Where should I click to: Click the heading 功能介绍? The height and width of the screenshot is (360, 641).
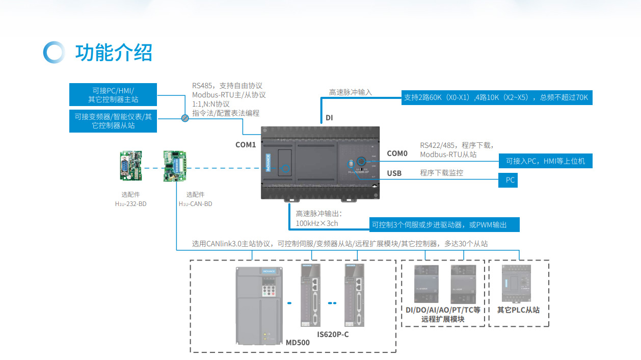click(x=114, y=53)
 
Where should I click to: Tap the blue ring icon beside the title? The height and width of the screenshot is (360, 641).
click(x=54, y=53)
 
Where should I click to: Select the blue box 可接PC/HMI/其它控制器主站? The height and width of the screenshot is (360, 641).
click(x=113, y=95)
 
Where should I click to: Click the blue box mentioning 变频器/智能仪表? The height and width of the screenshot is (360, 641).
click(x=113, y=120)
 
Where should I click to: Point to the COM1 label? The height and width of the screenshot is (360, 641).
click(x=246, y=145)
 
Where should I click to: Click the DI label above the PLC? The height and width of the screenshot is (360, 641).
click(x=329, y=118)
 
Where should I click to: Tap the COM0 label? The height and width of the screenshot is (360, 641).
click(x=397, y=153)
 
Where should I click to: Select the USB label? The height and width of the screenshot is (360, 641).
click(x=394, y=173)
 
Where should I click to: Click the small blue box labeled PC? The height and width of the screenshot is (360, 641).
click(x=510, y=180)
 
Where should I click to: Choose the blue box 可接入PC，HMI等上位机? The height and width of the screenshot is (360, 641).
click(x=545, y=161)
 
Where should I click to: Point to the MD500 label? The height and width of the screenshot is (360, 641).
click(x=298, y=343)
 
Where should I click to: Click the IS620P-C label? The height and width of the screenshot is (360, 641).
click(x=333, y=335)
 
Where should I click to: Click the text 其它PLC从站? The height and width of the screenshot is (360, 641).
click(x=518, y=310)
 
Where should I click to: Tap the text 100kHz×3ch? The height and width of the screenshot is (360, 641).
click(x=317, y=223)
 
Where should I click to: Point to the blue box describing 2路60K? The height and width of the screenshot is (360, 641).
click(x=496, y=97)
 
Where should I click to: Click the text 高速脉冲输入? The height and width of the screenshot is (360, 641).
click(x=351, y=92)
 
